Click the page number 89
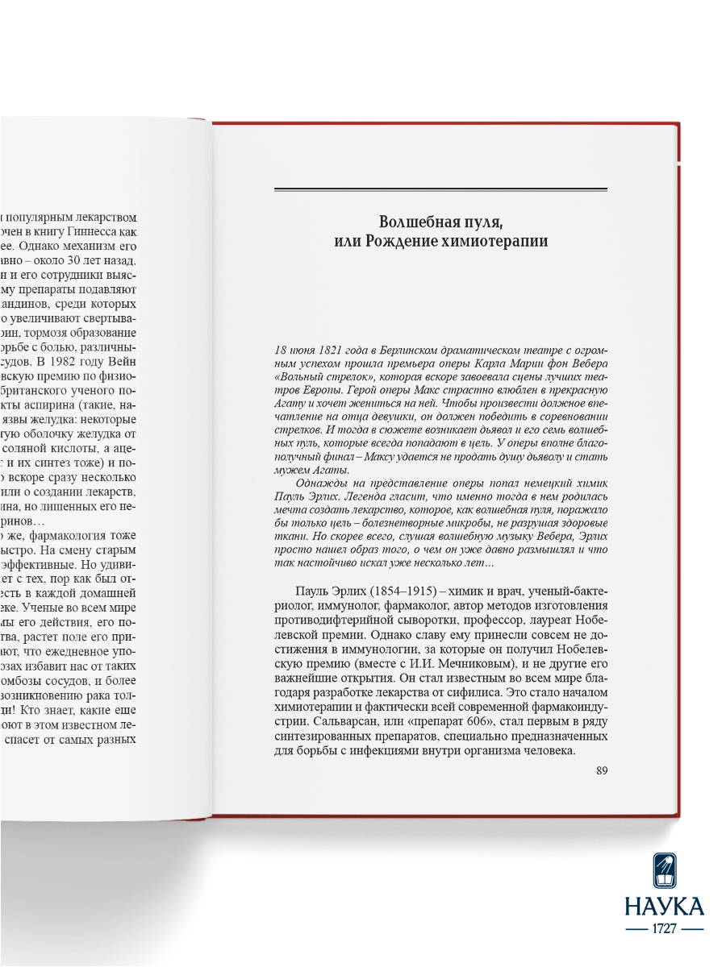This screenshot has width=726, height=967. (x=601, y=770)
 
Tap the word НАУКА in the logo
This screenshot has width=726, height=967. (x=664, y=906)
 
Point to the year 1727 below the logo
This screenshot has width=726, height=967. (x=664, y=928)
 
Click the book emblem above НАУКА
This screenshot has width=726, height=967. (x=664, y=866)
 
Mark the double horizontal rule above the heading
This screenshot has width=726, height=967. (x=440, y=189)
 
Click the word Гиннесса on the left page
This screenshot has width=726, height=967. (x=102, y=233)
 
